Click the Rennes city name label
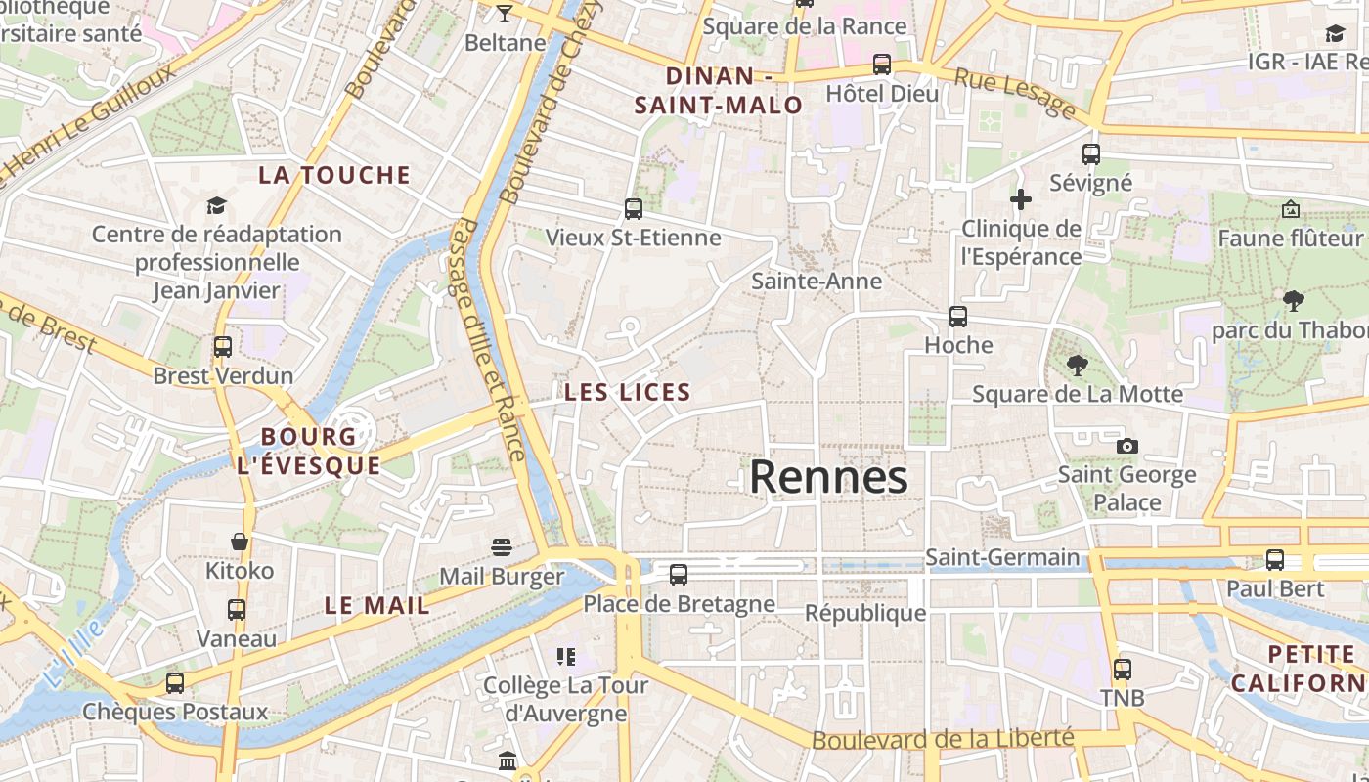(828, 477)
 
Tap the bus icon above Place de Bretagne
(679, 575)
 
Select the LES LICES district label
(628, 393)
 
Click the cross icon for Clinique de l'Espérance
(1021, 199)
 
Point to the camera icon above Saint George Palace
(1127, 447)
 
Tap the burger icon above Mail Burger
(502, 546)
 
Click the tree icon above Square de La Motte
(1078, 366)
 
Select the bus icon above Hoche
(958, 317)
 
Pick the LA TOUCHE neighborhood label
(334, 176)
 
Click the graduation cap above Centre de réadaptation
(216, 205)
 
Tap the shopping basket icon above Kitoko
(240, 542)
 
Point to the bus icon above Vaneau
(237, 610)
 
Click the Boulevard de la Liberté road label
(943, 740)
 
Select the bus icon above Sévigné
(1091, 154)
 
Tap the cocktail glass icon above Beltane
(505, 14)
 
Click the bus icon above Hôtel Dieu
(882, 65)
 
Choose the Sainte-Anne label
(817, 282)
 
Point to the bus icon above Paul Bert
(1275, 560)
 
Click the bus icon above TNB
(1123, 670)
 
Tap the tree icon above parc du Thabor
(1294, 300)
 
